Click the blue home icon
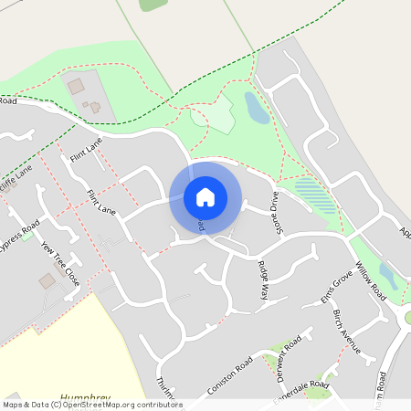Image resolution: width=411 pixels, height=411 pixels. click(205, 197)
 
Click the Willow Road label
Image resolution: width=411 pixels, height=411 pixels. click(371, 280)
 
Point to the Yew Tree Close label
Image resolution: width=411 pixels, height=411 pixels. click(60, 264)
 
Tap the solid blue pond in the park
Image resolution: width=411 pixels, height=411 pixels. click(257, 107)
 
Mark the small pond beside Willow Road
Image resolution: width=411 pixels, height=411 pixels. click(388, 275)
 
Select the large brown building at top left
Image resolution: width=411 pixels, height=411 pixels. click(76, 86)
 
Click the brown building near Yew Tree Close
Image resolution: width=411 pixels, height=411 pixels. click(47, 281)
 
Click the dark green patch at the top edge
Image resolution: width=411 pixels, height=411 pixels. click(153, 5)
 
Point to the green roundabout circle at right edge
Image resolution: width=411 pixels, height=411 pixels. click(407, 318)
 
